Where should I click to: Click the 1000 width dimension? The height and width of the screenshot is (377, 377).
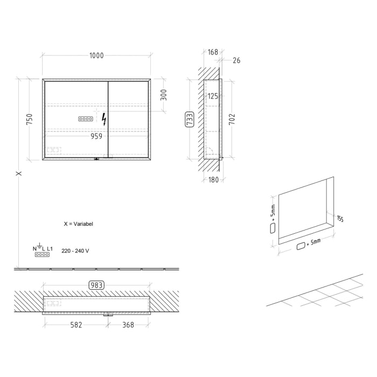pyautogui.click(x=97, y=55)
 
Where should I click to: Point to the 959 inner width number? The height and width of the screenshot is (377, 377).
pyautogui.click(x=96, y=136)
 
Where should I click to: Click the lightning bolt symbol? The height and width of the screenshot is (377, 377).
pyautogui.click(x=104, y=119)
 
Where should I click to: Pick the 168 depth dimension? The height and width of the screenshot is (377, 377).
pyautogui.click(x=213, y=52)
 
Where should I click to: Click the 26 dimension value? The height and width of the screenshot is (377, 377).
pyautogui.click(x=236, y=60)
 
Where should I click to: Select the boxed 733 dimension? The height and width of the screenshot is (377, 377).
pyautogui.click(x=189, y=119)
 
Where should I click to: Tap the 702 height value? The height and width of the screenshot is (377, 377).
pyautogui.click(x=233, y=119)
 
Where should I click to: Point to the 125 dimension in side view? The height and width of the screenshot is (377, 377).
pyautogui.click(x=213, y=96)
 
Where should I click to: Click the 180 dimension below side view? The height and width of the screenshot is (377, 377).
pyautogui.click(x=213, y=180)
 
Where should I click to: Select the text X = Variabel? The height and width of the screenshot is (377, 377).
pyautogui.click(x=78, y=224)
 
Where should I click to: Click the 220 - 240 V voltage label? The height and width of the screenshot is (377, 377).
pyautogui.click(x=75, y=250)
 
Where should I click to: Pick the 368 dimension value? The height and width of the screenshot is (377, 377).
pyautogui.click(x=128, y=325)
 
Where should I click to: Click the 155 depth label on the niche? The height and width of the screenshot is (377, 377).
pyautogui.click(x=339, y=219)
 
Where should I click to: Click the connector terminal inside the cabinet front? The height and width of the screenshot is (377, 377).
pyautogui.click(x=86, y=118)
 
